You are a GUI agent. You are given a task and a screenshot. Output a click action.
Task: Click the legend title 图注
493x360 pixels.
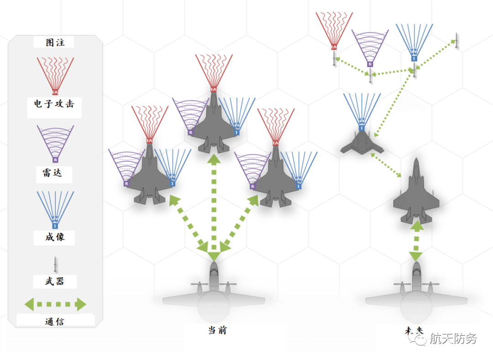click(x=55, y=42)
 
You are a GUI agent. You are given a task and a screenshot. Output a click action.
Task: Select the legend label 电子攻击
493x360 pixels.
click(x=54, y=104)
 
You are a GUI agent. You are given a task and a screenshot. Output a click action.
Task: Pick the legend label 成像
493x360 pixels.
click(x=54, y=237)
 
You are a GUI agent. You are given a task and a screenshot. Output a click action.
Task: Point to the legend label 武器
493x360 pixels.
click(x=54, y=281)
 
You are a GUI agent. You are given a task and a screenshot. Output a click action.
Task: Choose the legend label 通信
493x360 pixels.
click(x=54, y=321)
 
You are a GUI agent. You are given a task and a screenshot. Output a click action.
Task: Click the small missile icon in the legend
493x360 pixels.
click(x=55, y=263)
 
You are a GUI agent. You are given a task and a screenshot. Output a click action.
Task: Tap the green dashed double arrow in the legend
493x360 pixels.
click(x=55, y=304)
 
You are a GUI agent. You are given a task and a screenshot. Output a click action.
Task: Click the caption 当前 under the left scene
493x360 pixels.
click(x=217, y=330)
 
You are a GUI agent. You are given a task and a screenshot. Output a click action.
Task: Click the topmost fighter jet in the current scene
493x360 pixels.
click(x=213, y=123)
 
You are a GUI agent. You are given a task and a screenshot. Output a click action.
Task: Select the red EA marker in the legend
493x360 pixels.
click(x=55, y=92)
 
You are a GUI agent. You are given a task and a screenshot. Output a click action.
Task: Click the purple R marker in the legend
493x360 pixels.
click(x=55, y=160)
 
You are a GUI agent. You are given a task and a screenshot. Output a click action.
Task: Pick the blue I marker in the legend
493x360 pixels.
click(x=55, y=226)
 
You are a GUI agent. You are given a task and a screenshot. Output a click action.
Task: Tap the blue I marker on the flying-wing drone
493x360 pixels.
click(x=362, y=129)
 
